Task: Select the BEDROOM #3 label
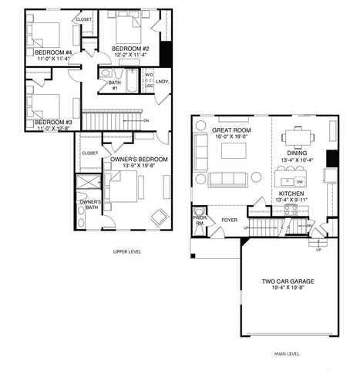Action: click(52, 122)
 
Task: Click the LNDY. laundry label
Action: click(163, 81)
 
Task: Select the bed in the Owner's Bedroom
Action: click(123, 187)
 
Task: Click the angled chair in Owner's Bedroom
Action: click(160, 217)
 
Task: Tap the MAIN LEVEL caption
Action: click(286, 354)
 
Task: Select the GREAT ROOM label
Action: click(231, 130)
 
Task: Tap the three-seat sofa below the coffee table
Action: click(228, 180)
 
